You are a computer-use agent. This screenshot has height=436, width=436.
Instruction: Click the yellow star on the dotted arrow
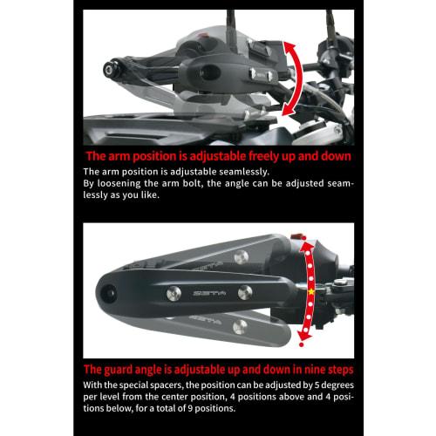point(311,291)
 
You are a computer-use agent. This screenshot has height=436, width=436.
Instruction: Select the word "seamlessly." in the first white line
point(244,172)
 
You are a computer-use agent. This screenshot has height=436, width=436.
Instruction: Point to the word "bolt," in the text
point(192,183)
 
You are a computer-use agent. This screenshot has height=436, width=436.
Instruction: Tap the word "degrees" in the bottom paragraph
point(337,385)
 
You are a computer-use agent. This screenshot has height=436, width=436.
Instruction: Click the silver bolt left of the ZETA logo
point(174,293)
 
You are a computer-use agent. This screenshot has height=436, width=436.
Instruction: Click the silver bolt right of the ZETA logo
point(245,292)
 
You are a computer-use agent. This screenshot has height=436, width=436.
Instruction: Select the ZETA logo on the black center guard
point(209,293)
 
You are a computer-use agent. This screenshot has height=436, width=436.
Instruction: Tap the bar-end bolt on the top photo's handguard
point(111,69)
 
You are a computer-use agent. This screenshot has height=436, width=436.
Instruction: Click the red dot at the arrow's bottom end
point(302,344)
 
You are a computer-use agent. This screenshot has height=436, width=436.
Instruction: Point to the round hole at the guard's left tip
point(108,293)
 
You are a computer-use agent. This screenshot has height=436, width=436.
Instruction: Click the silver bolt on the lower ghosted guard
point(240,326)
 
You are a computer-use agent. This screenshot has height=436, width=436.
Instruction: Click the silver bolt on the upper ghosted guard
point(242,257)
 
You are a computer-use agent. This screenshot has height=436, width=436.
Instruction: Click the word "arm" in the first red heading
point(119,157)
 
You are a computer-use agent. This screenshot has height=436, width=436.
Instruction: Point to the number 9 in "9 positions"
point(190,409)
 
